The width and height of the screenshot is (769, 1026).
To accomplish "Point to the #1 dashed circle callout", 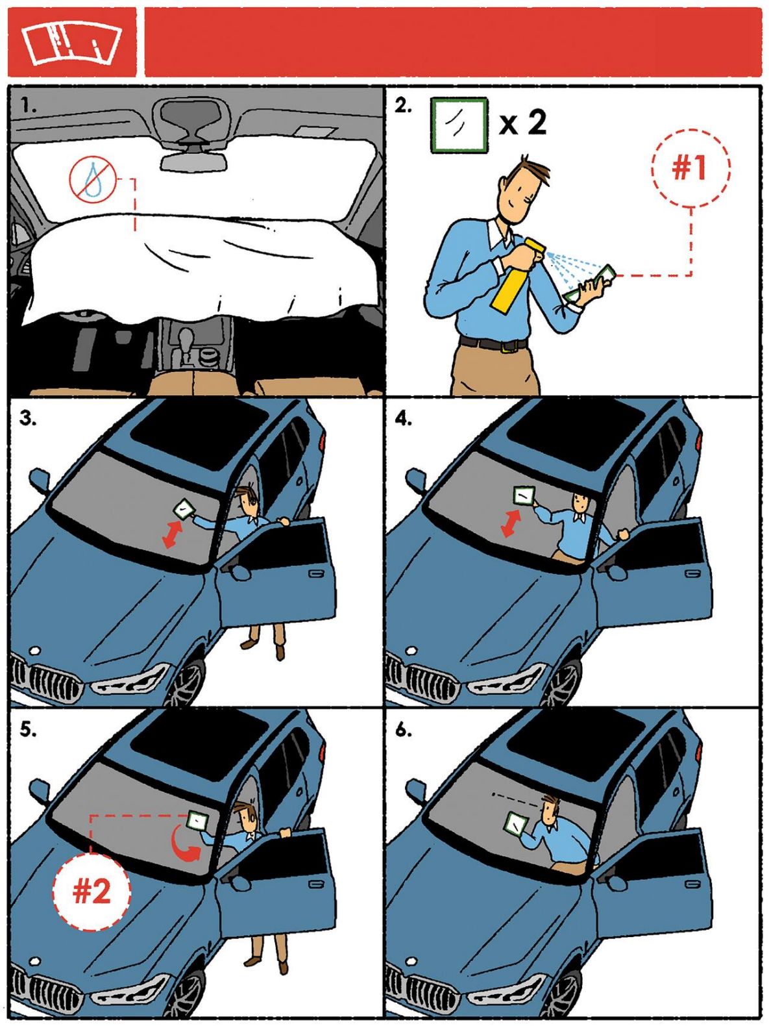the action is pos(690,168).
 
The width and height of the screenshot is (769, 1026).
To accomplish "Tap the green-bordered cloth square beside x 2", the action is pos(459,125).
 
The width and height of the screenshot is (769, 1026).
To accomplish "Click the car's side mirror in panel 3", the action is pos(40,481).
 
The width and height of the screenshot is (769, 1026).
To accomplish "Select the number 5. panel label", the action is pos(28,731).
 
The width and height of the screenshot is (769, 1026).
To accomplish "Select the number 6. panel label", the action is pos(404,731).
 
